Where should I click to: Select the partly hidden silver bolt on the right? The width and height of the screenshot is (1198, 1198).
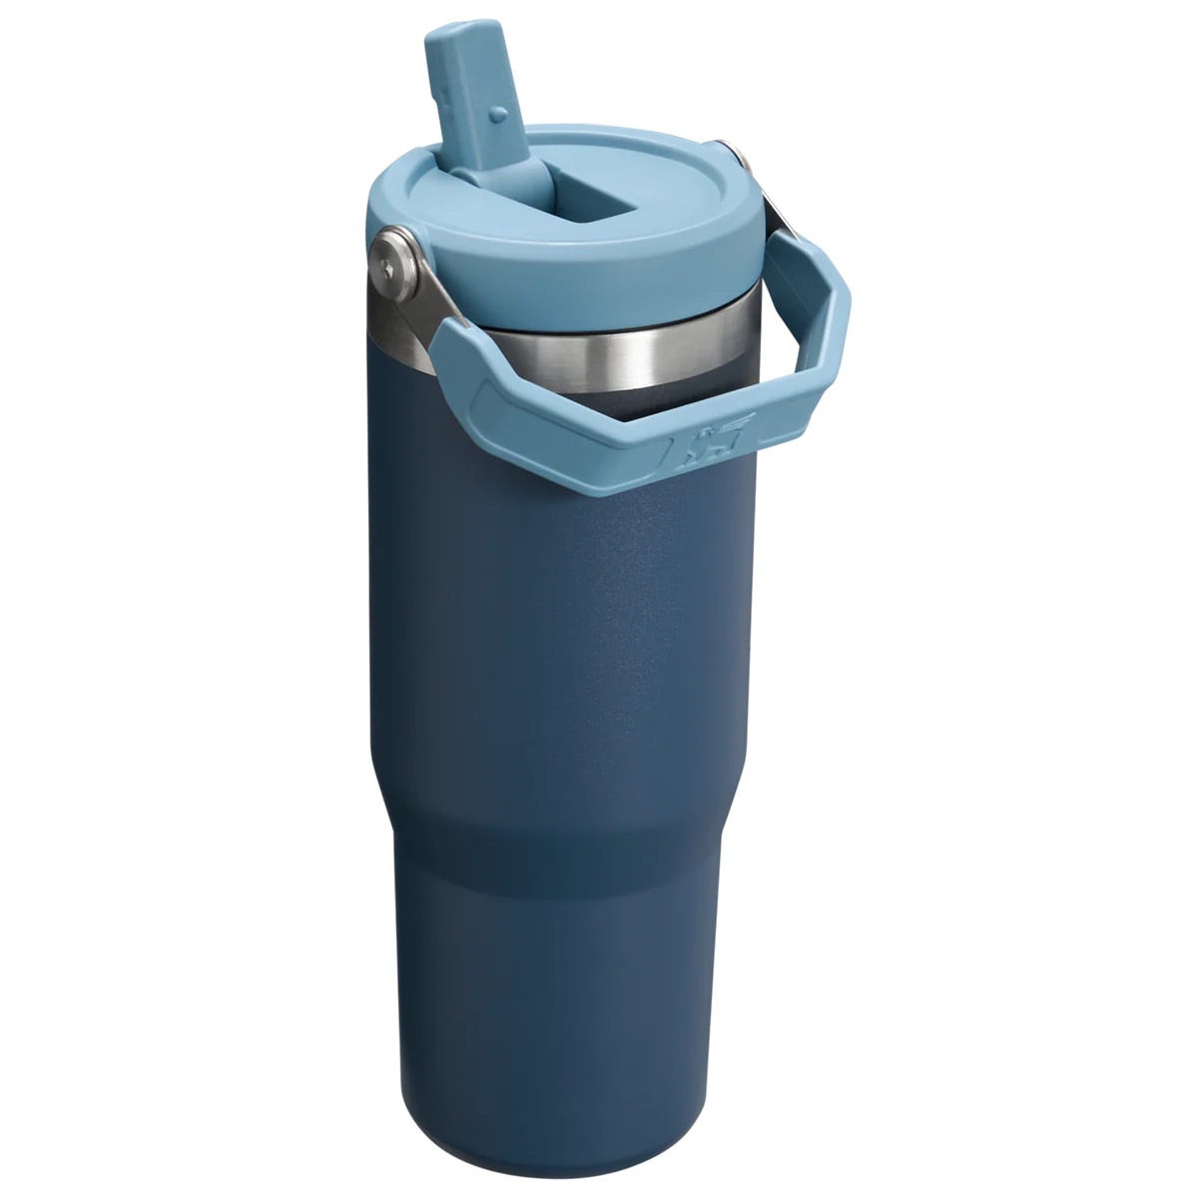(738, 157)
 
